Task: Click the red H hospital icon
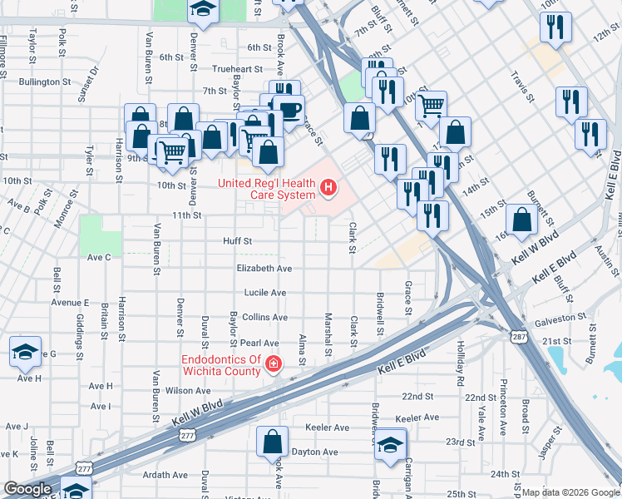click(328, 189)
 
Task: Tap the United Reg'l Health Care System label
click(266, 189)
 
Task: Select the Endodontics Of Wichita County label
click(221, 365)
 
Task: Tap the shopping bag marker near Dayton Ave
click(272, 442)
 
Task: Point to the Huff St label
click(237, 241)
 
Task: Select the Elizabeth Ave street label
click(264, 269)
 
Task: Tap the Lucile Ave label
click(264, 293)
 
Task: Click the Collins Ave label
click(264, 318)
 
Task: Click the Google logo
click(27, 489)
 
